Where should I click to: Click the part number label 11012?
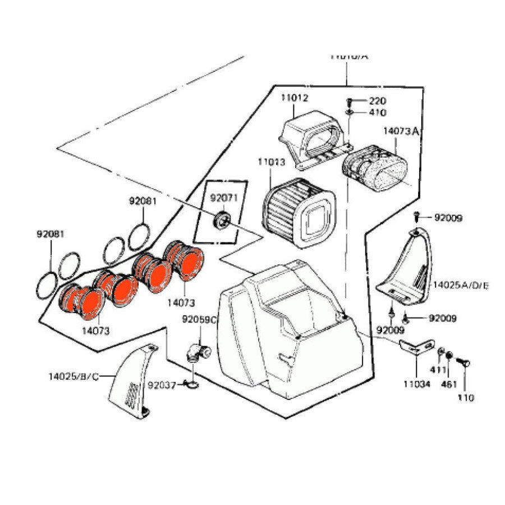pos(295,98)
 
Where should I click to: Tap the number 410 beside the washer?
pos(377,112)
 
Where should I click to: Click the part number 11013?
pos(272,163)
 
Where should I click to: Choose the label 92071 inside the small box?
pos(224,198)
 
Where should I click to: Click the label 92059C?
pos(199,320)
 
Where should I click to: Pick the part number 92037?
pos(163,385)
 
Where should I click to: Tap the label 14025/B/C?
pos(74,377)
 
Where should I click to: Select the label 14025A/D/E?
pos(461,286)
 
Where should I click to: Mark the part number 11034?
pos(416,384)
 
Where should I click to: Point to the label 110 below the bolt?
pos(466,398)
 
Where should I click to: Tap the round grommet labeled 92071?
pos(223,218)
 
